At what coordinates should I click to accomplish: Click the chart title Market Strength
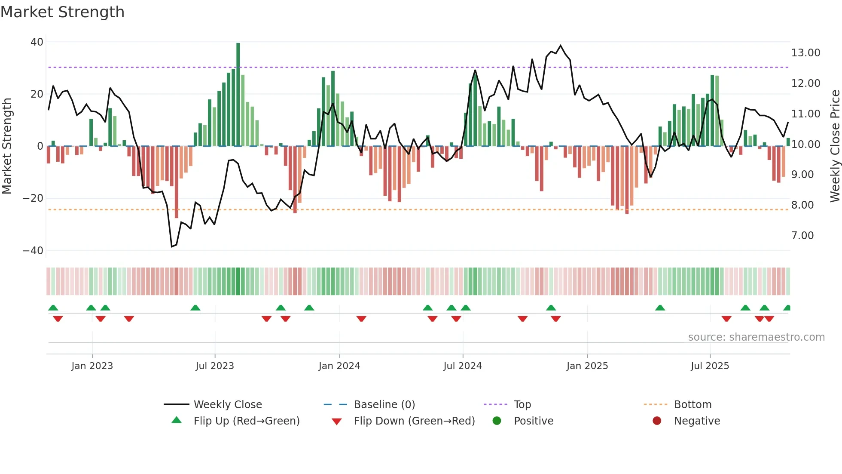pos(62,12)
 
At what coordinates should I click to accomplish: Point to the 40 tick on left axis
pos(37,42)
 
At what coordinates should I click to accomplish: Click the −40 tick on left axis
pos(33,251)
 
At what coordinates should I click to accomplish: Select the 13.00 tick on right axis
pos(805,53)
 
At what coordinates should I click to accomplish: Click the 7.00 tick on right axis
pos(802,236)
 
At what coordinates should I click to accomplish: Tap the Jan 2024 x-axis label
pos(339,366)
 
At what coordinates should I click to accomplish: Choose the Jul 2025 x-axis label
pos(710,366)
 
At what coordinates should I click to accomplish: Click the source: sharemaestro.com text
pos(756,337)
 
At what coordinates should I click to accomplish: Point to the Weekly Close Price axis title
pos(835,146)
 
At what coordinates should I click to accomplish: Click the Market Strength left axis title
pos(7,146)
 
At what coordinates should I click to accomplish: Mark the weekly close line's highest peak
pos(561,45)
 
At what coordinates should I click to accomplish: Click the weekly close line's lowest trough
pos(172,246)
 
